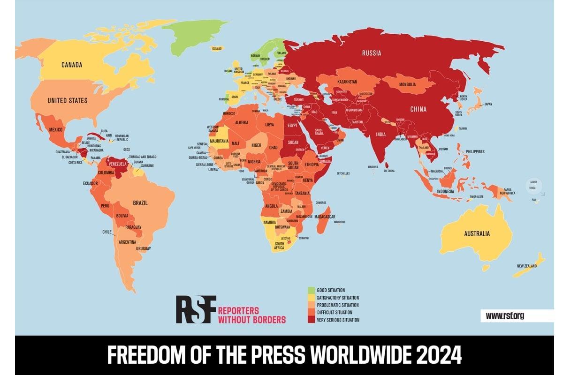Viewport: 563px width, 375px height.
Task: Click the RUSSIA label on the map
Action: (371, 53)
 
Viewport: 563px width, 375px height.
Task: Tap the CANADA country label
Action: (72, 65)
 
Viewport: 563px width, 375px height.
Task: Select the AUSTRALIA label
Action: (477, 233)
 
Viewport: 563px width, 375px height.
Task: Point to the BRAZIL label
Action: (140, 203)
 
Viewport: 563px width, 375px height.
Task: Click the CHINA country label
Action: (418, 109)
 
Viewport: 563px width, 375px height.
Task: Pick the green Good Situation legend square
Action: (311, 290)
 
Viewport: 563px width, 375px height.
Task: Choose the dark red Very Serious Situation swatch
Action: (311, 320)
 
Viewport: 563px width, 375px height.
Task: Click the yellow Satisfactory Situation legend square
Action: (311, 298)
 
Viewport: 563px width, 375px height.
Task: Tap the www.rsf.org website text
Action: (505, 316)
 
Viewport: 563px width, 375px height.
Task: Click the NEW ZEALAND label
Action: (527, 266)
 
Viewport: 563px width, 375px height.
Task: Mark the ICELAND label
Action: (216, 49)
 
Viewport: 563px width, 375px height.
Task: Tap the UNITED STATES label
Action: (67, 100)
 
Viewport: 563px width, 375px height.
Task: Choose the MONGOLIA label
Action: (407, 84)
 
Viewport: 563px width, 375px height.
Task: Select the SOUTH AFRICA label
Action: (279, 246)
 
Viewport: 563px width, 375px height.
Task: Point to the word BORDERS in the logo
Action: (269, 320)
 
